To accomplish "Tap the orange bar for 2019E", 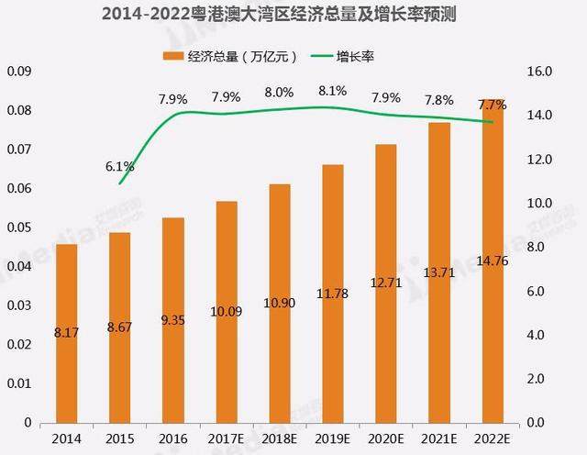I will [x=333, y=294].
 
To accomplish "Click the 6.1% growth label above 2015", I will [x=120, y=166].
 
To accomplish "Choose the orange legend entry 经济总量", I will [x=234, y=56].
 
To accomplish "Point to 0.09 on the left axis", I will [x=19, y=72].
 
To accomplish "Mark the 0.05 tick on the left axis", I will [x=19, y=227].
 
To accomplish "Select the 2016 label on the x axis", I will [x=172, y=438].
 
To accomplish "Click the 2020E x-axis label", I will [x=386, y=438].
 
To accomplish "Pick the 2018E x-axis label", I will [x=280, y=438].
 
